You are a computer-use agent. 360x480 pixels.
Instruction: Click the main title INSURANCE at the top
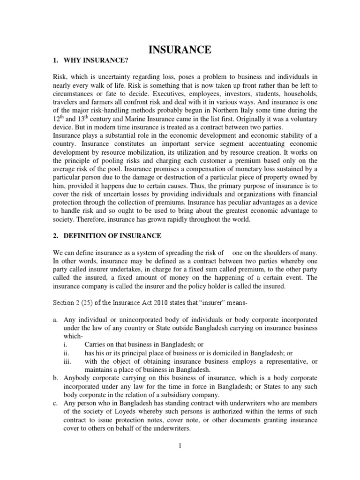click(x=180, y=49)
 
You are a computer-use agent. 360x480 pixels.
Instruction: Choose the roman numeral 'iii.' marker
click(x=67, y=360)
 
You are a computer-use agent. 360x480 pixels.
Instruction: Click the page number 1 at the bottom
click(x=179, y=445)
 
